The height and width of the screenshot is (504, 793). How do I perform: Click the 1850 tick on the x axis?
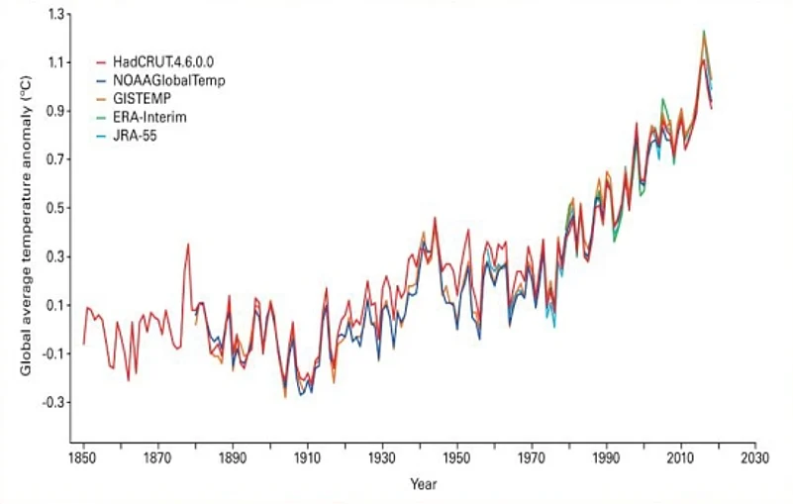point(83,460)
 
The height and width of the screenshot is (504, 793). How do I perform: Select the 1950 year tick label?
point(456,460)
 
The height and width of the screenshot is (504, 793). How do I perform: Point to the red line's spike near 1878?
point(187,245)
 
